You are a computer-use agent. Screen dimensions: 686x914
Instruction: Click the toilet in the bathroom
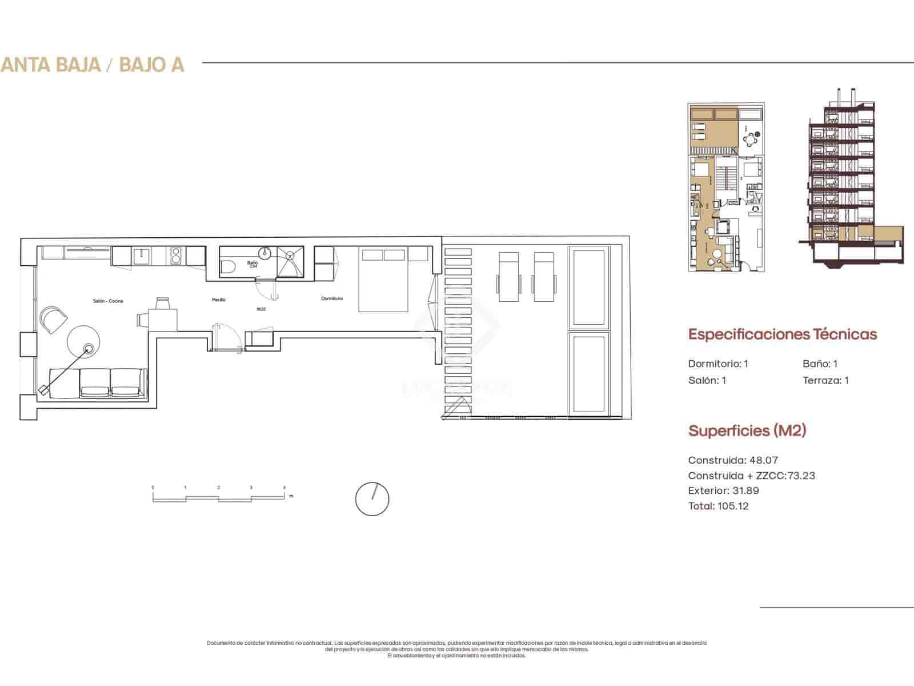(x=228, y=268)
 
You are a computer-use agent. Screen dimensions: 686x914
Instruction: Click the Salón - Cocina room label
(x=108, y=301)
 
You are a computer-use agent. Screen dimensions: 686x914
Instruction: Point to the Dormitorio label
(x=332, y=298)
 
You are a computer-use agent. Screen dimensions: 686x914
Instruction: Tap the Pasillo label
(x=219, y=300)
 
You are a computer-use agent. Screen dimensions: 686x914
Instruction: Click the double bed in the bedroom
(x=383, y=280)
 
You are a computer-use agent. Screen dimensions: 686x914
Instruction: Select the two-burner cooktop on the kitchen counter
(x=175, y=256)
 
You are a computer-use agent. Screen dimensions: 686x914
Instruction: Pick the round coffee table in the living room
(x=83, y=342)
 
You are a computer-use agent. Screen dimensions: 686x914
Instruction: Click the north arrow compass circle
(x=372, y=498)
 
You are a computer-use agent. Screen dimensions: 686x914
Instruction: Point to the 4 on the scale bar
(x=284, y=488)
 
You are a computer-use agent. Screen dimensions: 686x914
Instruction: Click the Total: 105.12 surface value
(x=718, y=506)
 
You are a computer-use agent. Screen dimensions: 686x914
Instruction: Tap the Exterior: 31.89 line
(x=723, y=490)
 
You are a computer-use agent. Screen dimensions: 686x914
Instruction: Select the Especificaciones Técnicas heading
(x=782, y=334)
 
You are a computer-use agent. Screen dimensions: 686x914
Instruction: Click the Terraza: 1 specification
(x=825, y=380)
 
